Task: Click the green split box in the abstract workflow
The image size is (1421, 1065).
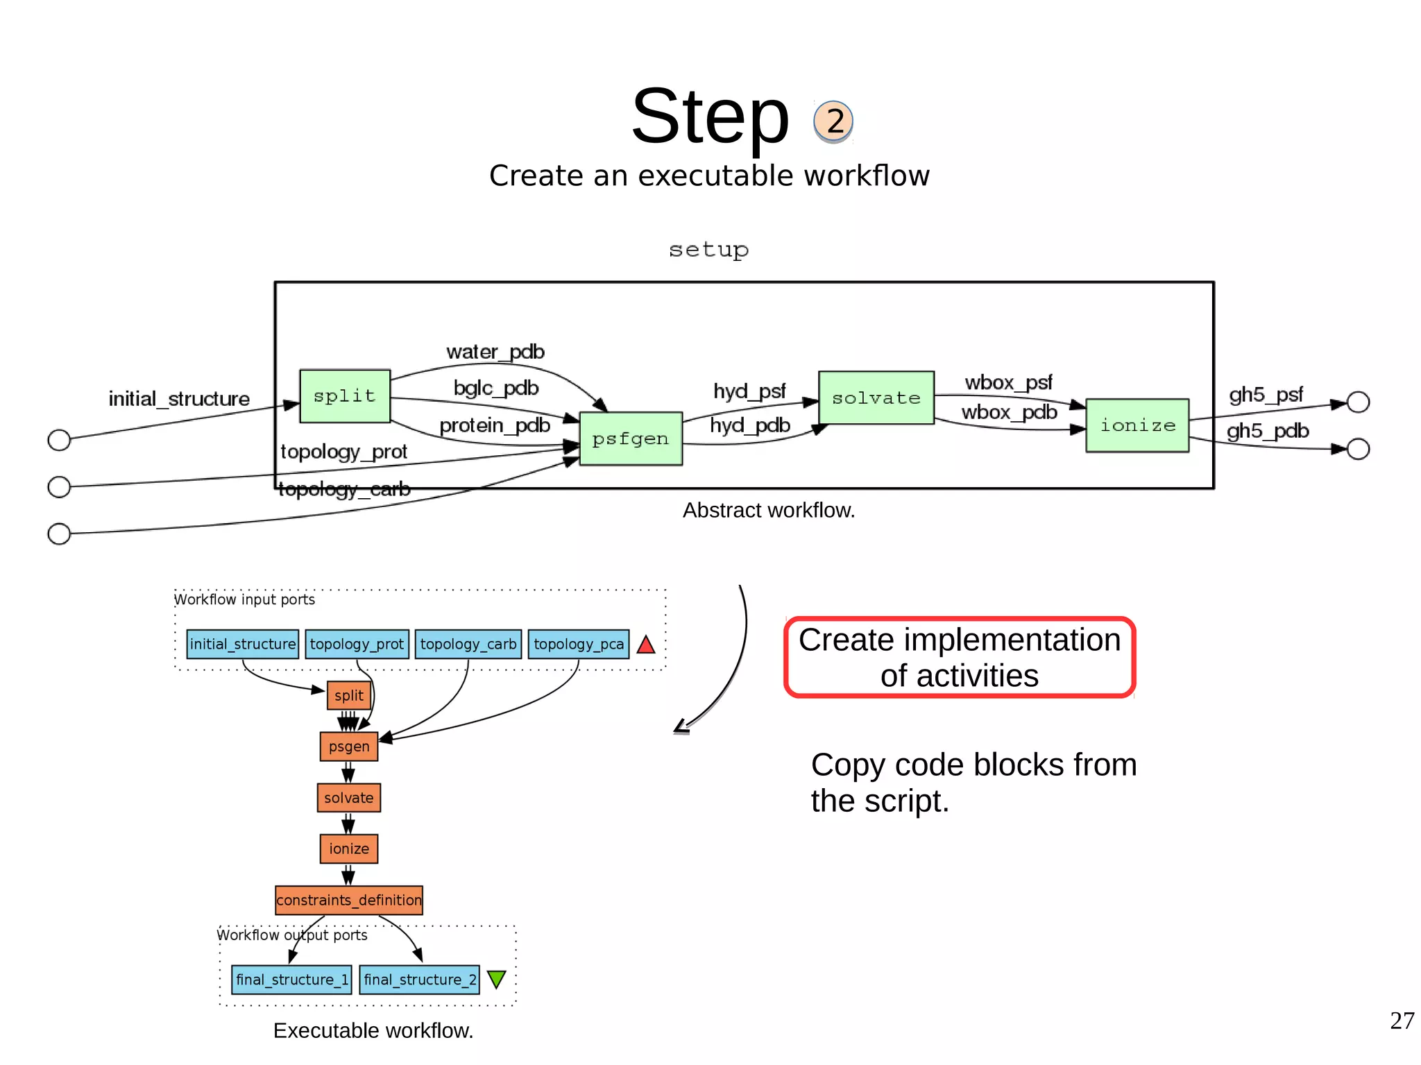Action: pos(344,396)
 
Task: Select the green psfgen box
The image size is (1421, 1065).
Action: pos(630,438)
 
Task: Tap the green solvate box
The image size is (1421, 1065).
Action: pos(876,398)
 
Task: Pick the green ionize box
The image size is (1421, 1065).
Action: pos(1137,425)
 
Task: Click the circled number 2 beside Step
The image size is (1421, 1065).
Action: pos(833,121)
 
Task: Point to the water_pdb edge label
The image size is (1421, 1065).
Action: pos(495,352)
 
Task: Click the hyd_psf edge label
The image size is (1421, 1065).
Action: pos(749,391)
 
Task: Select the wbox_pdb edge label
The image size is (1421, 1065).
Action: pos(1009,412)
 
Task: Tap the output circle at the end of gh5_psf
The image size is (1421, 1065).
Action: pos(1358,402)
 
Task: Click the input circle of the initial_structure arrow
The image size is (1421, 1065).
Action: pos(59,440)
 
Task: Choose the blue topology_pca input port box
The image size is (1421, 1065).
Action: pos(578,644)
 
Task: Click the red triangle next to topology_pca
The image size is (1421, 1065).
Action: pos(646,645)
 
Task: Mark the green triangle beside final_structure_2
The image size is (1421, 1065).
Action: pos(497,979)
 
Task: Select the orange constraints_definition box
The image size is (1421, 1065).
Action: pos(348,900)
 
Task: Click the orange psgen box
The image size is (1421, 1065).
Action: pos(348,747)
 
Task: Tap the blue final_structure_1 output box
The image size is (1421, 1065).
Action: pos(291,980)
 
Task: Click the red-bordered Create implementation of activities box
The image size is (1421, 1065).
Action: pos(959,657)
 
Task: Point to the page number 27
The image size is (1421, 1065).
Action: pos(1402,1021)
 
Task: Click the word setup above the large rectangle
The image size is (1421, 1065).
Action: pos(708,250)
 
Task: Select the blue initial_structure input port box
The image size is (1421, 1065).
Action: pos(242,644)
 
